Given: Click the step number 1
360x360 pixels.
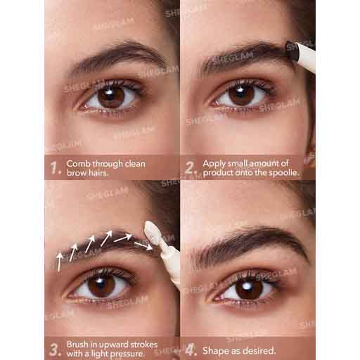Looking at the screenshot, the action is (55, 168).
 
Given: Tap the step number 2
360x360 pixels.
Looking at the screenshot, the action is (191, 168).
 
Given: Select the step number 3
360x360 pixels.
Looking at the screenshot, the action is (55, 350).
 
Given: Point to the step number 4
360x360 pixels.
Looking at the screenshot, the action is (191, 350).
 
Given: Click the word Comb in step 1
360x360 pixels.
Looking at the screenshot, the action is (78, 164).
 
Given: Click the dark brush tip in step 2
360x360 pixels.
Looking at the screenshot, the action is (291, 50).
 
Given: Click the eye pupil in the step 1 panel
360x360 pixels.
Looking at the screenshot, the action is (111, 96).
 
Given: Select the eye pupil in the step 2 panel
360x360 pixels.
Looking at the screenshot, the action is (241, 95).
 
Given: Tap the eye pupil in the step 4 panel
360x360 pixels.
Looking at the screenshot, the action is (248, 289).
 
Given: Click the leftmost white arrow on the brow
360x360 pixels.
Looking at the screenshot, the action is (60, 262).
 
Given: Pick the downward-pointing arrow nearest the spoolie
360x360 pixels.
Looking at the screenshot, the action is (143, 246).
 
